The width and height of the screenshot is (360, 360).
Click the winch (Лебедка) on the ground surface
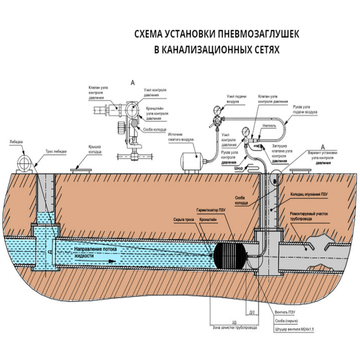25,161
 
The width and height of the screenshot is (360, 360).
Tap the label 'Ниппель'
269,127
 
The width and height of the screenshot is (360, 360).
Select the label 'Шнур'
236,169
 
